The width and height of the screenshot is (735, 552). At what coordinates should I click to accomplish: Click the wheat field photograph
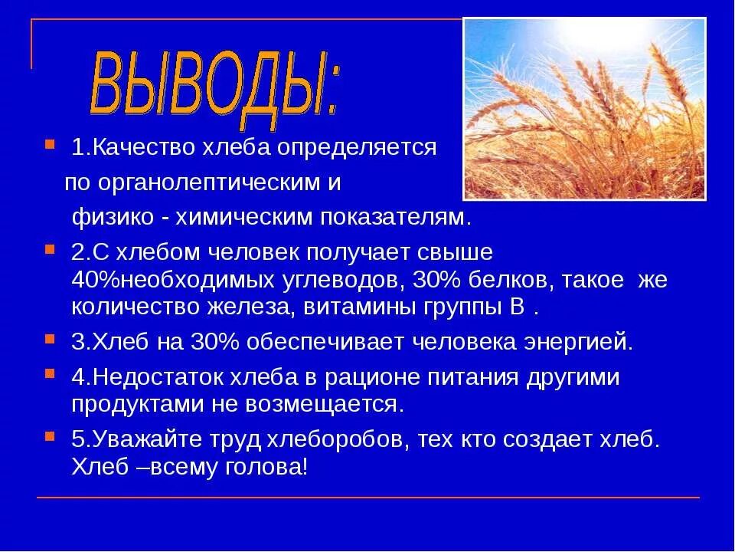584,109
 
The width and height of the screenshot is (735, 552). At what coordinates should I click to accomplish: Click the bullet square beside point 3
50,338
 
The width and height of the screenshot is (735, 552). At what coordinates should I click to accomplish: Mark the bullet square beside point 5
50,435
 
